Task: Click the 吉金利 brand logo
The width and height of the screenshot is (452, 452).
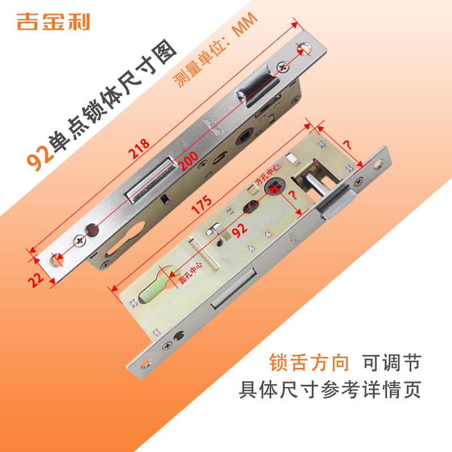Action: point(54,21)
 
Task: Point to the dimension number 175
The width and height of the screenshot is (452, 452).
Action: point(201,205)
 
